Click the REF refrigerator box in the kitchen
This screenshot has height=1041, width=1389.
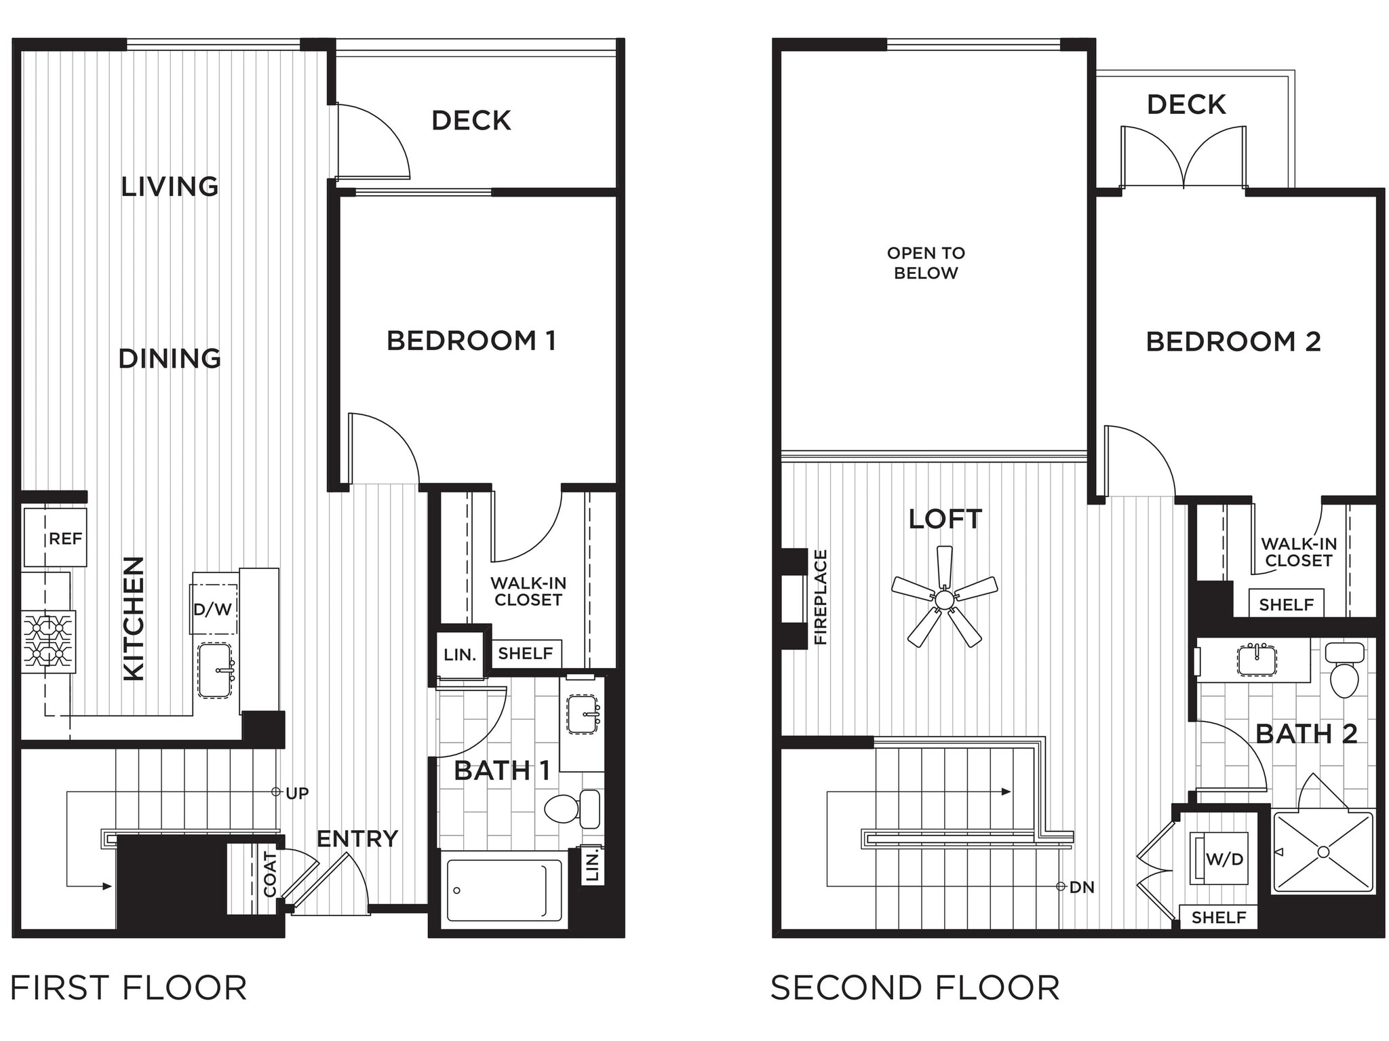56,537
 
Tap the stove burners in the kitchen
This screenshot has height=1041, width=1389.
48,641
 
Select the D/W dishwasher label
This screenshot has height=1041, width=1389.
213,609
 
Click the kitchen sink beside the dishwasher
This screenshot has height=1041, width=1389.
216,670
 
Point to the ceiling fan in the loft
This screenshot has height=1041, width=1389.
945,599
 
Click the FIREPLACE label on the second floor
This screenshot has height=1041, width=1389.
821,597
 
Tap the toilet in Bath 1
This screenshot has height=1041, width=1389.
574,808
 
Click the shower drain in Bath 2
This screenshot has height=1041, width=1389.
1323,852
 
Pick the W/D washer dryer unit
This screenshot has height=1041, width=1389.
1220,858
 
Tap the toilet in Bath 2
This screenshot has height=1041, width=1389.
1345,671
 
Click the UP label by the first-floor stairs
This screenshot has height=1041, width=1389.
297,793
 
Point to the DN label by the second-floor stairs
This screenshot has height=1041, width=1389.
1082,887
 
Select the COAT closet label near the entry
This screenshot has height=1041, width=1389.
270,875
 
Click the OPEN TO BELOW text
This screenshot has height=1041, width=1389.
926,263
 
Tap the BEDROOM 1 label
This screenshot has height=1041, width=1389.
471,340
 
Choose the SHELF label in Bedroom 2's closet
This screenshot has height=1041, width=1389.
1286,604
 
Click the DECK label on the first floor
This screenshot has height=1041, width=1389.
471,121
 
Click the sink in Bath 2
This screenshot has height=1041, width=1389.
1257,660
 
